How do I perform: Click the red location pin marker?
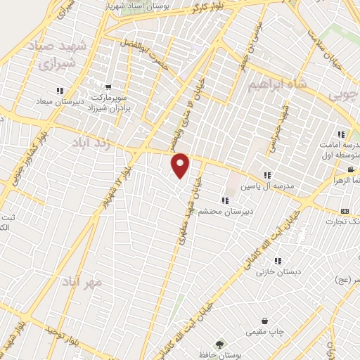(181, 166)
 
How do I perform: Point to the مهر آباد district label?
(82, 281)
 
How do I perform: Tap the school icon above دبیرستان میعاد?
(60, 91)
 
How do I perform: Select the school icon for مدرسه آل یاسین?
(266, 174)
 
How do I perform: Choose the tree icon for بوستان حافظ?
(221, 345)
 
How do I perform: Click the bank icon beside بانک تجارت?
(345, 211)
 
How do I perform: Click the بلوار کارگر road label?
(209, 8)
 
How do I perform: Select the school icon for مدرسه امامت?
(341, 134)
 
